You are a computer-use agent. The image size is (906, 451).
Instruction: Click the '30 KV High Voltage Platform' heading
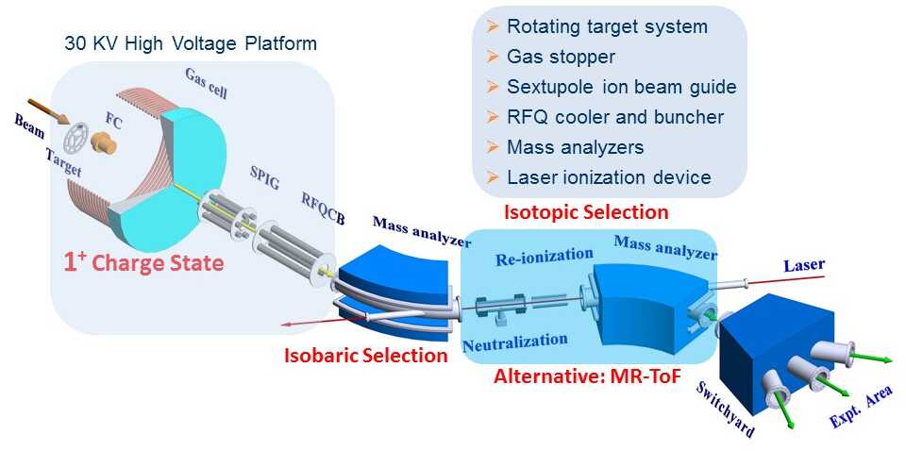point(190,43)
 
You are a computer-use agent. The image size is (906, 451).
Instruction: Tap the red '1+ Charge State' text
point(143,262)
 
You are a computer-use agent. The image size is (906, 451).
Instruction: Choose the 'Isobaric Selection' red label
point(366,356)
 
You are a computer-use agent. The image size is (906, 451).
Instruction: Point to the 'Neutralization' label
point(515,342)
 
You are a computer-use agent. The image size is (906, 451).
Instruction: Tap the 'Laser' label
point(804,266)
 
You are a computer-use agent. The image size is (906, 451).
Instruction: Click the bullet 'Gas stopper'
point(561,57)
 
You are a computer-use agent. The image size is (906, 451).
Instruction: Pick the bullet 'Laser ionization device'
point(609,176)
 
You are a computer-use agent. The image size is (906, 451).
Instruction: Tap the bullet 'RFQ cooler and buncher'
point(614,117)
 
